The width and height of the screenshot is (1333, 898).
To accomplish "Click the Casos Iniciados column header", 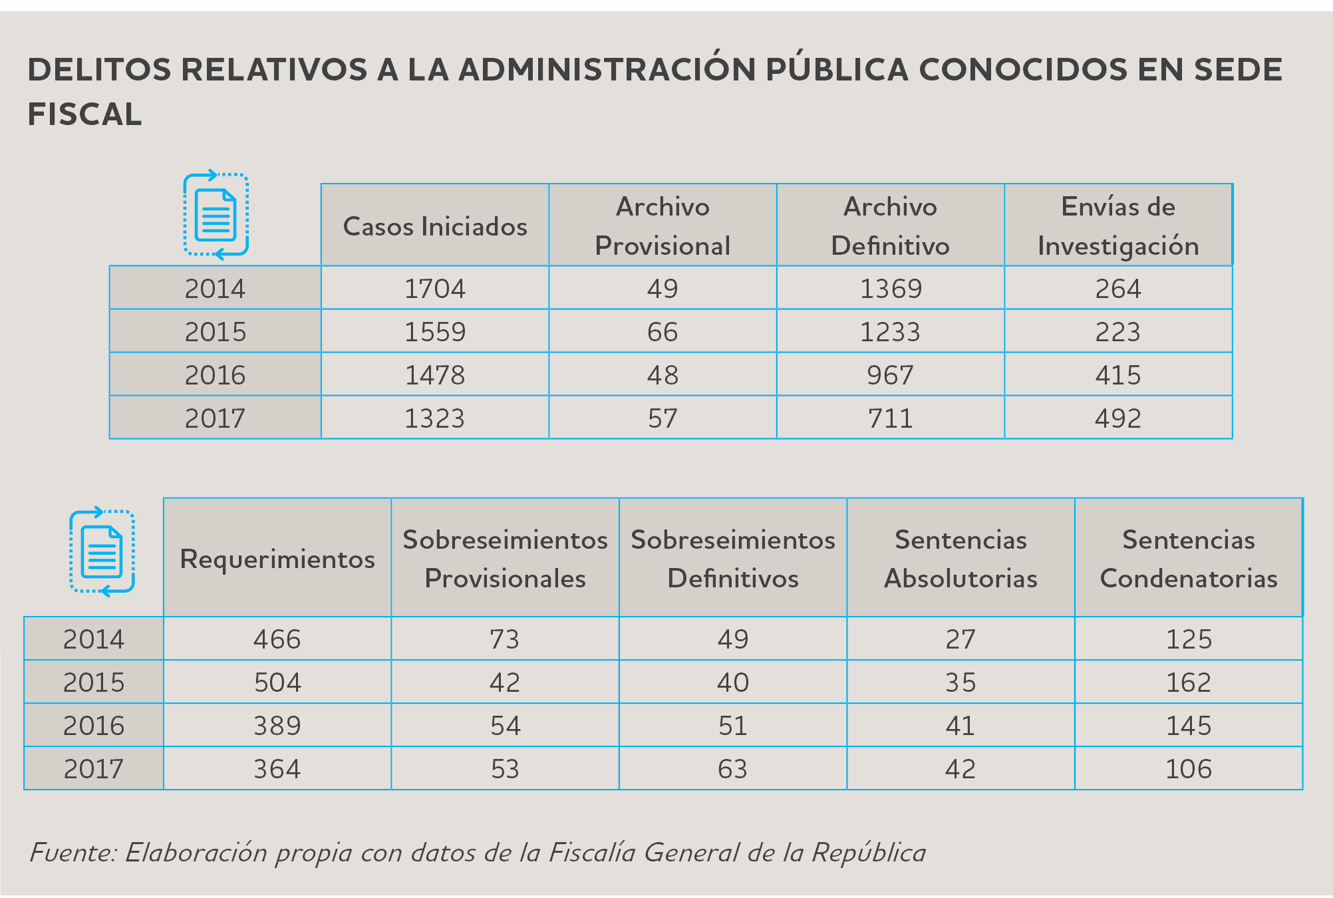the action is click(435, 226).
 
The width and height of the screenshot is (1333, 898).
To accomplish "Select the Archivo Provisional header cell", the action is click(663, 226).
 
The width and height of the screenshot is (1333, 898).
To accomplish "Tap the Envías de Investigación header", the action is click(1118, 226).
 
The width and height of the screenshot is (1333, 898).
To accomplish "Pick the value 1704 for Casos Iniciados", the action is click(435, 289).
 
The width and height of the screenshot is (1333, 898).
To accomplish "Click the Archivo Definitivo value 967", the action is click(890, 375).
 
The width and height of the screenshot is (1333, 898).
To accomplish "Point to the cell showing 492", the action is click(1118, 418).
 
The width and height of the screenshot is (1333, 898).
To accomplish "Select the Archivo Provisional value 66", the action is click(663, 332).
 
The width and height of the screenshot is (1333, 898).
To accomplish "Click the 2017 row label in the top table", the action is click(215, 418).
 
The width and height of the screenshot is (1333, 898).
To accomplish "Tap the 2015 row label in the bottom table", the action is click(94, 682).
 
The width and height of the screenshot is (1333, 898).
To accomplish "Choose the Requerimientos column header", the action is click(277, 559).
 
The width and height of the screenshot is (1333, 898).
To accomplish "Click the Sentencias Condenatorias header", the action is click(1189, 559).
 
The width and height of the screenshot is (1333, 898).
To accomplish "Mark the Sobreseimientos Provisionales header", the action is click(506, 559).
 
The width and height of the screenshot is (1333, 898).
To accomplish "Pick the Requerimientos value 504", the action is click(277, 682).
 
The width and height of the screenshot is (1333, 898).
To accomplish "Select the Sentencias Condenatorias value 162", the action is click(1189, 682).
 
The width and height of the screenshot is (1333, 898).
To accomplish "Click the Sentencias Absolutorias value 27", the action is click(961, 639).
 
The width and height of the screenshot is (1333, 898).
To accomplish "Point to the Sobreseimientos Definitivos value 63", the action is click(732, 769).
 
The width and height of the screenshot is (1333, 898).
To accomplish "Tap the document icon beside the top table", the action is click(216, 214).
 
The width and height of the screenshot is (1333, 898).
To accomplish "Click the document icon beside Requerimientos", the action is click(102, 551).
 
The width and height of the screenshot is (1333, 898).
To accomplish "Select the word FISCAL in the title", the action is click(84, 114).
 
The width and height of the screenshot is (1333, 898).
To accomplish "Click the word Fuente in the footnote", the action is click(73, 852).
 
